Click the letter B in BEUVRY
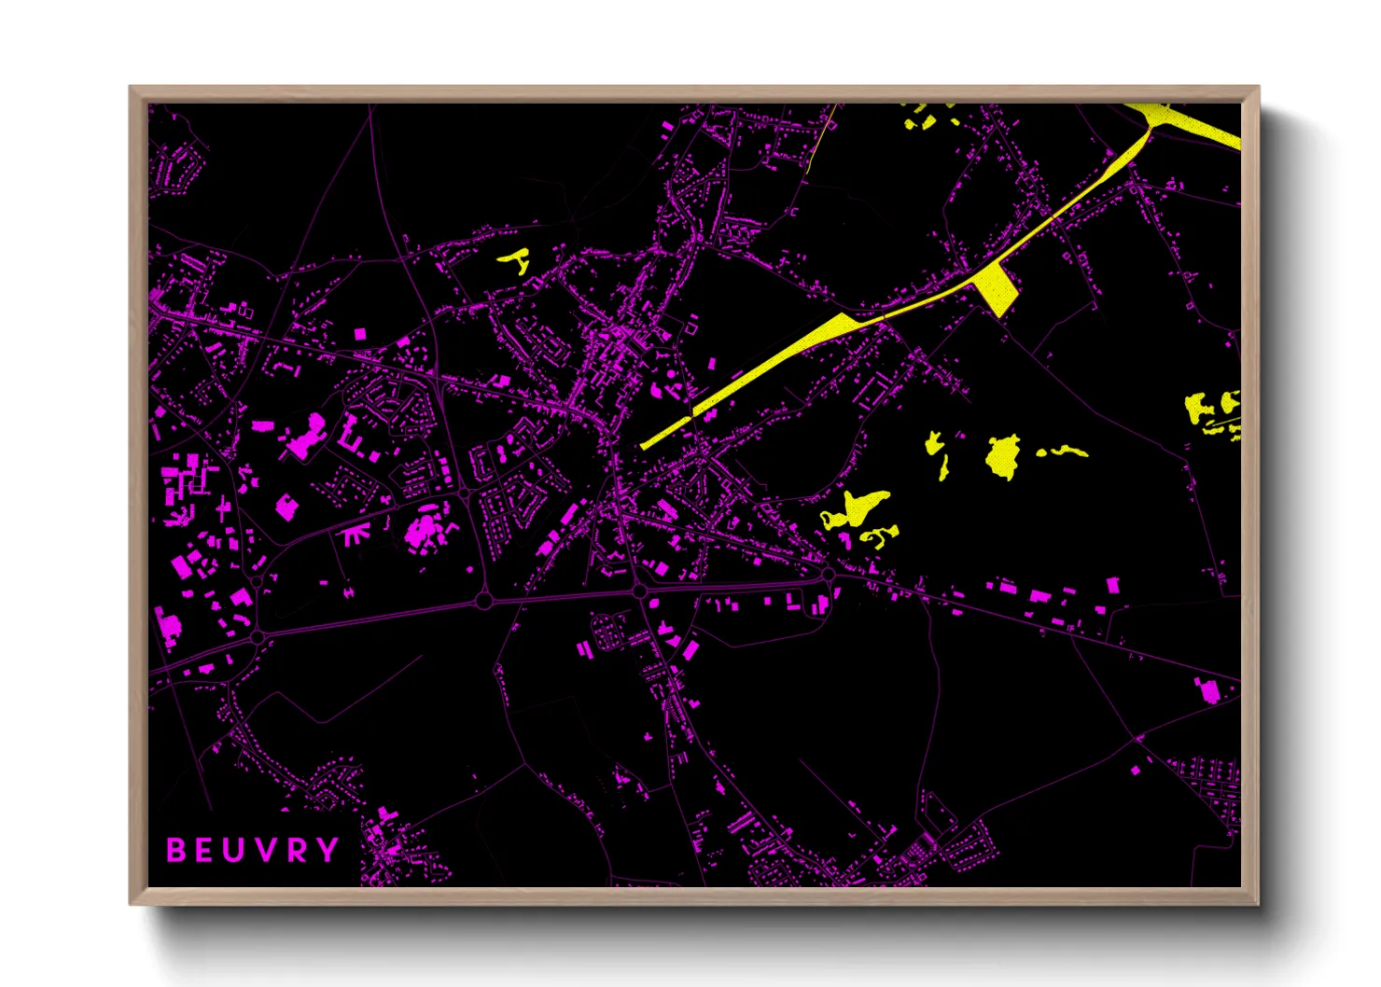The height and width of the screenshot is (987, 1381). click(175, 850)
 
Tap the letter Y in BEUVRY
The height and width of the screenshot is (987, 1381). click(327, 850)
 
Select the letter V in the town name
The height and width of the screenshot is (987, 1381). click(266, 850)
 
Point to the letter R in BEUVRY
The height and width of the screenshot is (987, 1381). click(297, 850)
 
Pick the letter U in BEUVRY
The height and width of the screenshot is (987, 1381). click(235, 850)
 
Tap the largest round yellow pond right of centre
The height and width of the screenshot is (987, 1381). click(1003, 456)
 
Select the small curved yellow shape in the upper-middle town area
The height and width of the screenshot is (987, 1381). click(514, 260)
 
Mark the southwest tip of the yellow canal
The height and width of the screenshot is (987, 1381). click(644, 447)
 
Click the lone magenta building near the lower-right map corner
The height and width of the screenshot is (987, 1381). click(1207, 690)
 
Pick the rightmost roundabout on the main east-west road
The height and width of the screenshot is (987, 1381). click(828, 575)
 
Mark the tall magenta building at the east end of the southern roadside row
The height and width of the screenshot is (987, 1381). click(1112, 586)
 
